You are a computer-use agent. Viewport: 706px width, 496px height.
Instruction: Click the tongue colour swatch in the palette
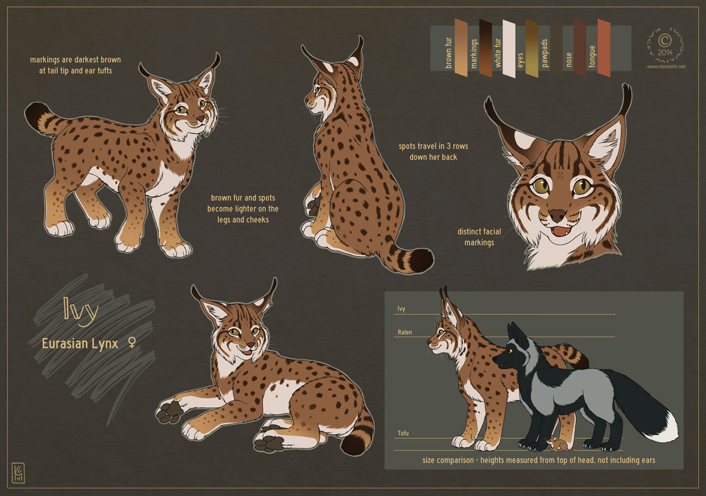tap(604, 48)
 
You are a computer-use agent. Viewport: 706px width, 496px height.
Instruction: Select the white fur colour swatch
tap(509, 49)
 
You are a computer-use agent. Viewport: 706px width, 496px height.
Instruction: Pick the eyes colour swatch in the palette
tap(532, 49)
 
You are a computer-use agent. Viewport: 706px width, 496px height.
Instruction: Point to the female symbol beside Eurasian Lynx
tap(132, 342)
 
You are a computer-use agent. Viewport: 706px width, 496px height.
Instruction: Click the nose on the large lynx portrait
tap(557, 215)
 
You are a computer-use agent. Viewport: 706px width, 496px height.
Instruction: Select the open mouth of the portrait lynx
tap(562, 232)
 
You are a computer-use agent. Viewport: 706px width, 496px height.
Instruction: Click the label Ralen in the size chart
tap(405, 332)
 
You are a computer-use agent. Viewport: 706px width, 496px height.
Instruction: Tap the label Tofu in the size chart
tap(403, 433)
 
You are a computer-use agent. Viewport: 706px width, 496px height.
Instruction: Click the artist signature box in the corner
tap(18, 472)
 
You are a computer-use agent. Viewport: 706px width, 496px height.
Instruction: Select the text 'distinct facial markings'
tap(479, 237)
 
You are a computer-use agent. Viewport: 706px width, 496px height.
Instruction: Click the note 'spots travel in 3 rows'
tap(434, 146)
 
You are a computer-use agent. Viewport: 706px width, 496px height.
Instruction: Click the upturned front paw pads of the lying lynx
tap(169, 411)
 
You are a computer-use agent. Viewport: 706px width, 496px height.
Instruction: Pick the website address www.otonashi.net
tap(666, 67)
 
